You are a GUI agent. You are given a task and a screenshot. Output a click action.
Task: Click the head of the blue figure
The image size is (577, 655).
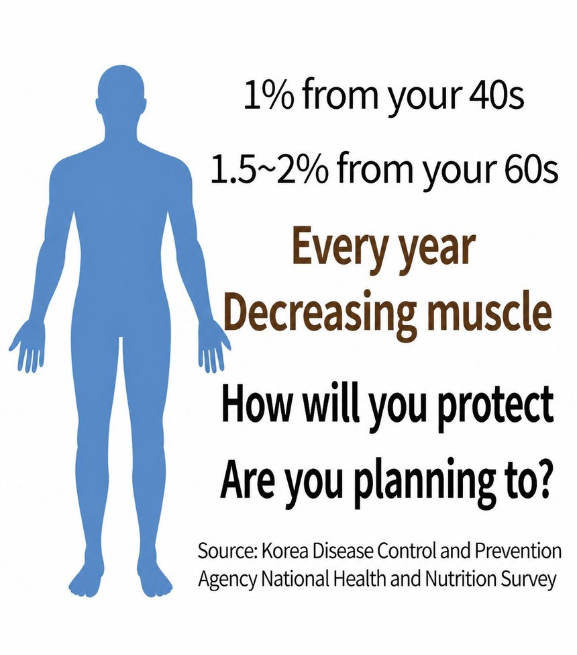point(122,93)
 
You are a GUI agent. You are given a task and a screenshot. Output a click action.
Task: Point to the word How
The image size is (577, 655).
point(256,404)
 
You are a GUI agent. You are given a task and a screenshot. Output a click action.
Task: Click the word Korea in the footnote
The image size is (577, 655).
point(284,551)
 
